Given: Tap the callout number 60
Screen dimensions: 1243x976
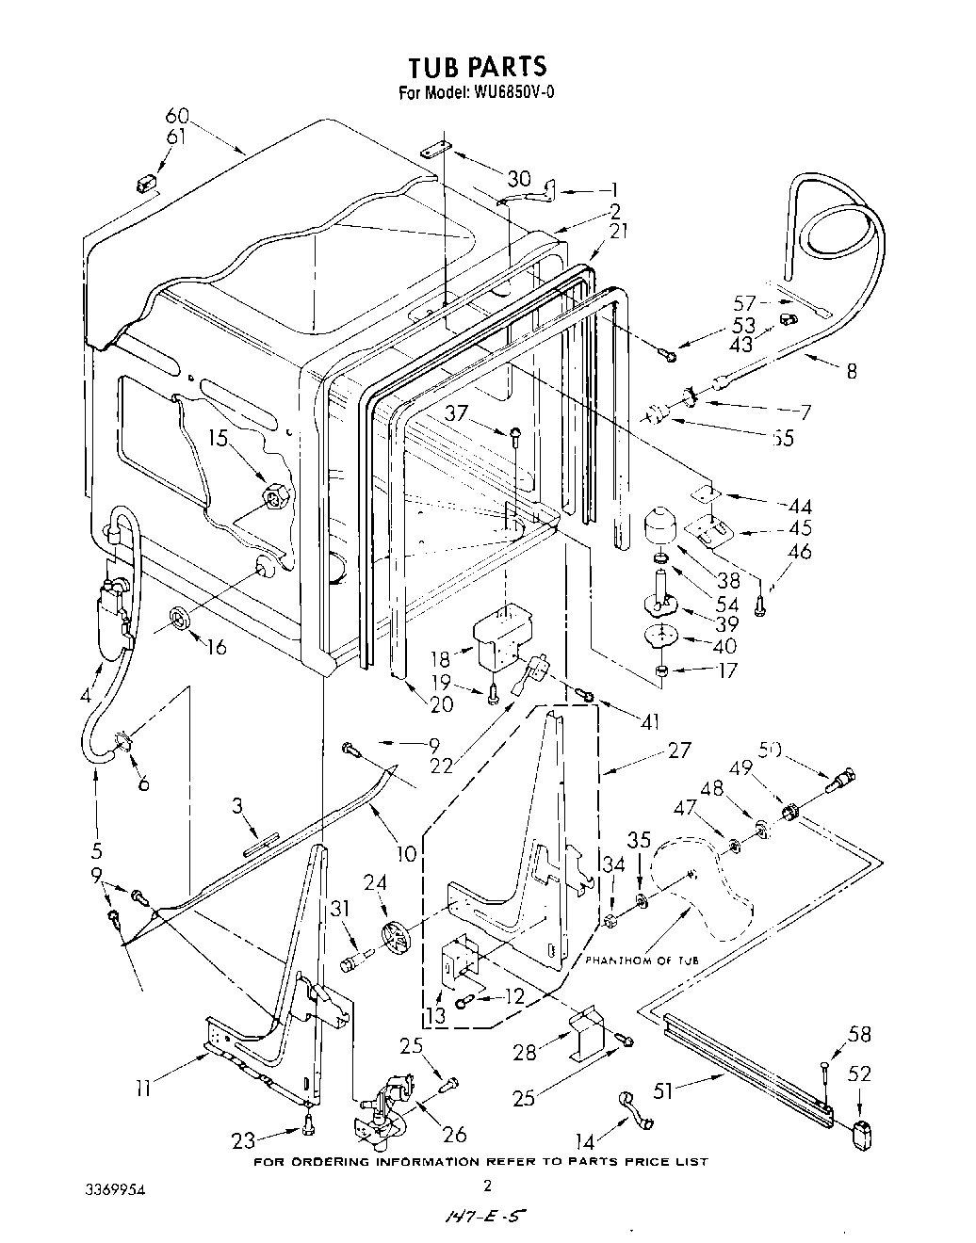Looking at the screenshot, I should [x=177, y=117].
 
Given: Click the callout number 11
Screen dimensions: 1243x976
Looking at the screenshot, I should [x=142, y=1090].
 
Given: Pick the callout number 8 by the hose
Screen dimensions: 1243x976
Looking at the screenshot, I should [x=851, y=371].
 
